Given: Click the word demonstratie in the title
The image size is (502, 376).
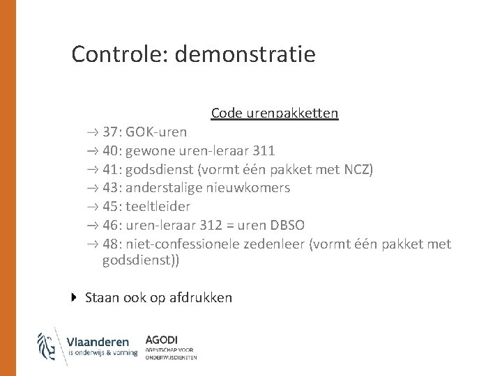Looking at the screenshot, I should pyautogui.click(x=245, y=54).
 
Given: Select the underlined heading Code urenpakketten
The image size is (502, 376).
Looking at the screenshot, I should pyautogui.click(x=275, y=113).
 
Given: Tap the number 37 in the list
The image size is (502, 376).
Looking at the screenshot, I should pyautogui.click(x=110, y=132).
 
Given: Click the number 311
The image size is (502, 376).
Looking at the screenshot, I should pyautogui.click(x=264, y=150).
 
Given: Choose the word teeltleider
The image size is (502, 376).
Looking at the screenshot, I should pyautogui.click(x=158, y=207).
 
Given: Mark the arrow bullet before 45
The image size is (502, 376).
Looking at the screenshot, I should pyautogui.click(x=93, y=207).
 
